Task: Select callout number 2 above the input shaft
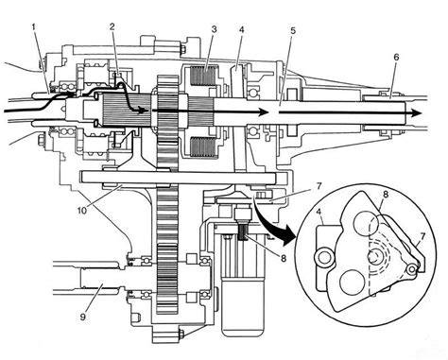click(x=112, y=26)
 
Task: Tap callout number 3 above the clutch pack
click(x=214, y=29)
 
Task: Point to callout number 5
click(x=293, y=30)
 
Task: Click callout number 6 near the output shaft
click(x=396, y=57)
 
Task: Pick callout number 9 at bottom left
click(x=82, y=317)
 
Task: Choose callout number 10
click(x=81, y=211)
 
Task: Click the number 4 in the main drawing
click(x=242, y=29)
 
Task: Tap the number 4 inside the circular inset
click(x=319, y=212)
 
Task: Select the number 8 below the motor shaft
click(x=284, y=258)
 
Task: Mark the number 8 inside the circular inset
click(x=385, y=194)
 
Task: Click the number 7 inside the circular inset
click(x=422, y=236)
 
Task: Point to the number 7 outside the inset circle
click(x=318, y=186)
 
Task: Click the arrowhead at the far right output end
click(x=417, y=113)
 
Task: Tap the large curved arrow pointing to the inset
click(x=271, y=224)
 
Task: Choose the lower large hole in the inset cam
click(x=351, y=283)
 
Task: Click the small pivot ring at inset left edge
click(x=323, y=258)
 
